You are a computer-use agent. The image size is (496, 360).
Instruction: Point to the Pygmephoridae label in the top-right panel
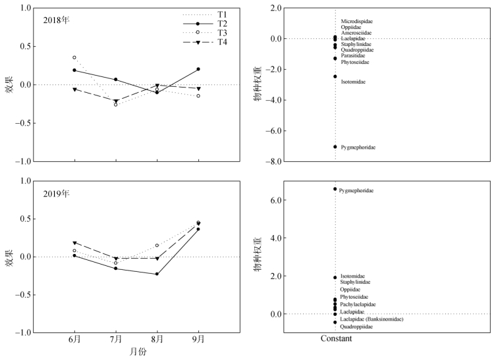(x=358, y=147)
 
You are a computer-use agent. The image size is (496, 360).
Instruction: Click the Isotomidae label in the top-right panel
(x=354, y=82)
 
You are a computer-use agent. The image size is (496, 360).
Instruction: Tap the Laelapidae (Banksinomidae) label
(x=373, y=319)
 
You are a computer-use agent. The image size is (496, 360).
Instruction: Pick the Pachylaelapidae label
(x=358, y=304)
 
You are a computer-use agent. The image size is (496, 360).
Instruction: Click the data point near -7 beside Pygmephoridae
(x=335, y=147)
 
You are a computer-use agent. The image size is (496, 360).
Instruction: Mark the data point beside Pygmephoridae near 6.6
(x=335, y=189)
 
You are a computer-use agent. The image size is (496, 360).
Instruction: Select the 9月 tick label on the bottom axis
(x=198, y=339)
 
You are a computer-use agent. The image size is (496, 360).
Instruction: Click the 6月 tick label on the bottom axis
(x=74, y=339)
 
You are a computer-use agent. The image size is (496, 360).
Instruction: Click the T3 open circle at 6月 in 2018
(x=74, y=57)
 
